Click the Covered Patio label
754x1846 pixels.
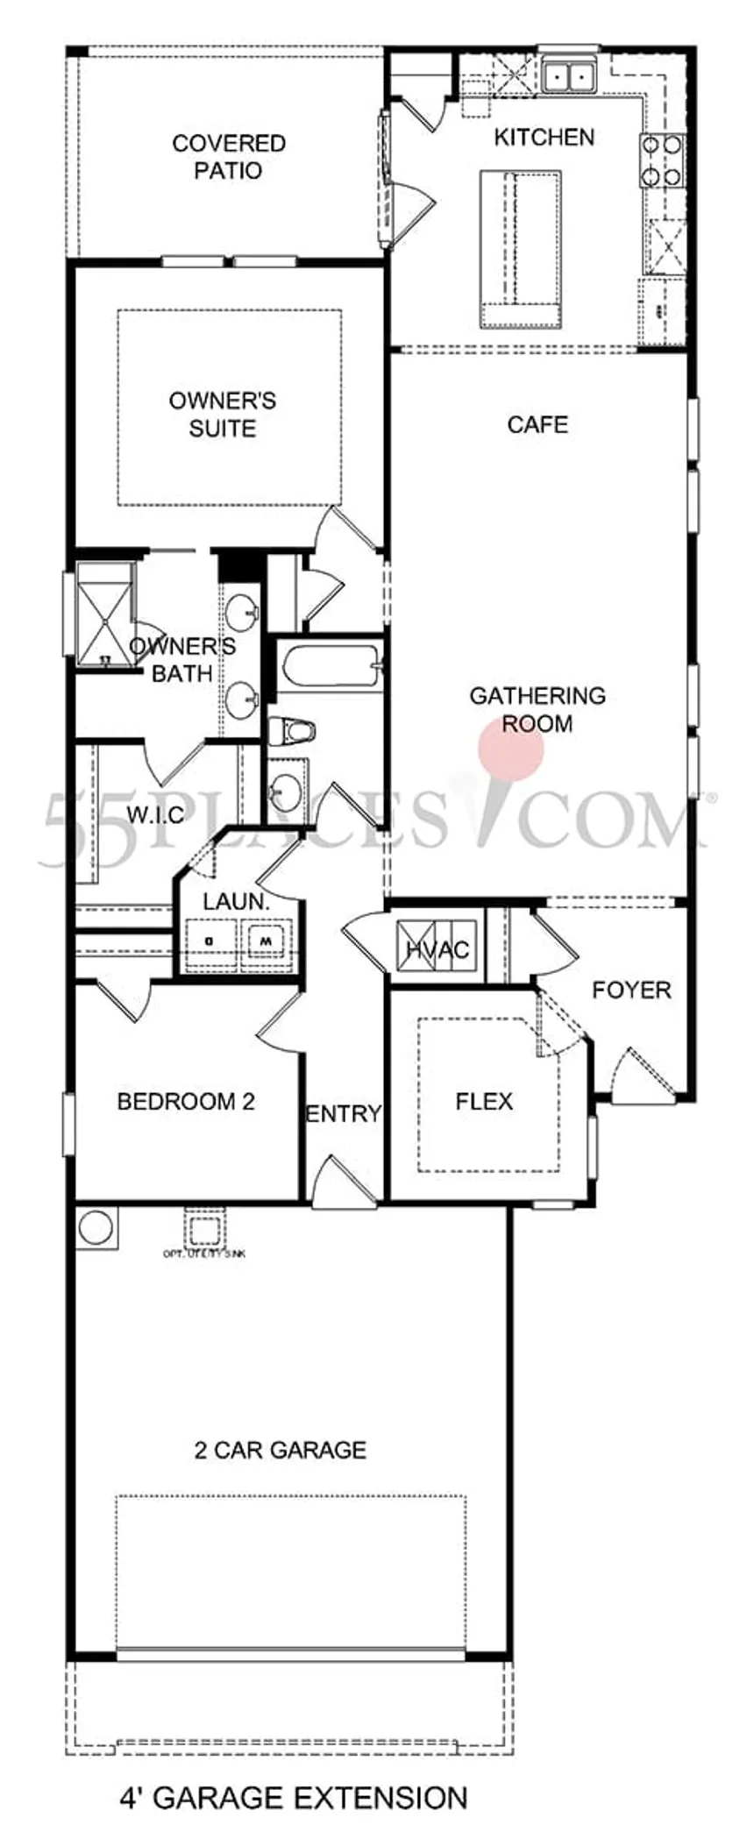point(228,156)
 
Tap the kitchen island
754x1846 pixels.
point(519,249)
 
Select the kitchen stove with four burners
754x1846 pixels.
point(661,161)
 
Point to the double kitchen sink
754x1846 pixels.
point(568,77)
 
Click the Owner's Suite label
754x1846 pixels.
point(223,415)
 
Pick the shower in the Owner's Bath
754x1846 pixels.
point(104,615)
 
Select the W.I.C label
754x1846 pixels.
point(155,815)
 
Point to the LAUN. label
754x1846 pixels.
point(235,901)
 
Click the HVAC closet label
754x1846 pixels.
point(437,949)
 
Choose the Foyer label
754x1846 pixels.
point(631,990)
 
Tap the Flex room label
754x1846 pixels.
point(484,1102)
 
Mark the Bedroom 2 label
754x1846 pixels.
point(186,1102)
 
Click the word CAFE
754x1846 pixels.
point(537,425)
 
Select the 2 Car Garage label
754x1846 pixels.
point(280,1450)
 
